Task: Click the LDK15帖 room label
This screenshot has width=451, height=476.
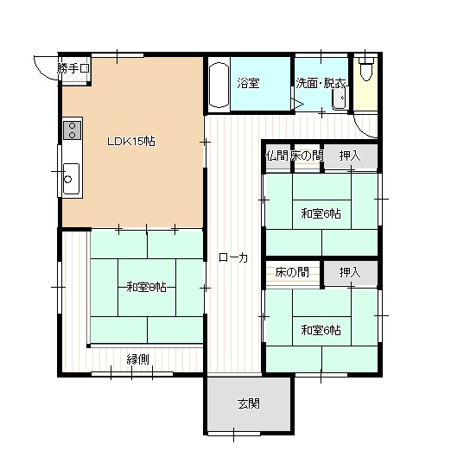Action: [131, 142]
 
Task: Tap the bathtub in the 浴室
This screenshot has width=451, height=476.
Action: [219, 85]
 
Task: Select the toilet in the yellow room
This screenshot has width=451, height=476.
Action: [366, 69]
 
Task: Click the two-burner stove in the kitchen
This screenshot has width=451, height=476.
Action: [72, 130]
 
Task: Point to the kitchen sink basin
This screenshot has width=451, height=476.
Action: [71, 179]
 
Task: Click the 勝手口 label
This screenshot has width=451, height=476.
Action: [73, 68]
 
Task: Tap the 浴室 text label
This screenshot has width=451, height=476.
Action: [248, 83]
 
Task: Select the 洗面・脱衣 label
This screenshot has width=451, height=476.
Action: [321, 83]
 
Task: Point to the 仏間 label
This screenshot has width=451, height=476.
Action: [276, 156]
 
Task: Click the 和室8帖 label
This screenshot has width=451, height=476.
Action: [146, 287]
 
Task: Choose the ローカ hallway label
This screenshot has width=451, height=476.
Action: [233, 257]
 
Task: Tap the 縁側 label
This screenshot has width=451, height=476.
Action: [137, 359]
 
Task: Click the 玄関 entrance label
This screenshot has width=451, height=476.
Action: [249, 403]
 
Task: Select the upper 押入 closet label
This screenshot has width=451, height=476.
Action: [350, 155]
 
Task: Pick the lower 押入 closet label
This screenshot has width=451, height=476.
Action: [350, 272]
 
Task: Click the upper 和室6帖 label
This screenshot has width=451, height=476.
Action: [321, 213]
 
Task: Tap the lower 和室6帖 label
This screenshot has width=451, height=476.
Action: [321, 330]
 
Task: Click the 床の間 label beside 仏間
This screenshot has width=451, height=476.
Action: [306, 156]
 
